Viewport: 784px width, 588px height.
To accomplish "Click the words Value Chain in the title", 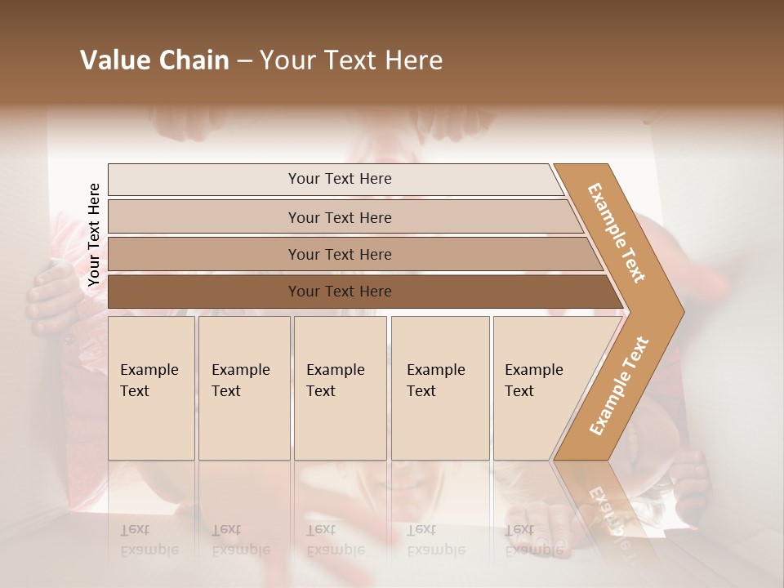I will pyautogui.click(x=154, y=60).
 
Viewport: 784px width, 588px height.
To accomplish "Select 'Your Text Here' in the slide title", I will pyautogui.click(x=351, y=60).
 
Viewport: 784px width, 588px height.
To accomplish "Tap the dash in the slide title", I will pyautogui.click(x=244, y=61).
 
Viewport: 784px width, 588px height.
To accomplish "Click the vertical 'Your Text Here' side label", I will pyautogui.click(x=94, y=235).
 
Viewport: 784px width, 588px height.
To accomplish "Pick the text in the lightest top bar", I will pyautogui.click(x=340, y=179).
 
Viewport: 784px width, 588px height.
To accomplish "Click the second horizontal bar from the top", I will pyautogui.click(x=340, y=217).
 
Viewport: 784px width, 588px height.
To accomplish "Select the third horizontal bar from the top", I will pyautogui.click(x=340, y=255).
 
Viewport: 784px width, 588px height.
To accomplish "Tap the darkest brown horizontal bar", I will pyautogui.click(x=340, y=292).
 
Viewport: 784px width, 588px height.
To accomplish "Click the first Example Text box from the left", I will pyautogui.click(x=151, y=388).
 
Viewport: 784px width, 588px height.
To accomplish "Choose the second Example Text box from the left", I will pyautogui.click(x=243, y=388).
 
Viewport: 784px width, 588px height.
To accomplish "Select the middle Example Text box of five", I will pyautogui.click(x=340, y=388).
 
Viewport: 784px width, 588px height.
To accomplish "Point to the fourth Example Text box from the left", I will pyautogui.click(x=439, y=388).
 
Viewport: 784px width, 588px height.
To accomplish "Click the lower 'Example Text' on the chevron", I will pyautogui.click(x=619, y=385).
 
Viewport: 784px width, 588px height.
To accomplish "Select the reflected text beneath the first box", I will pyautogui.click(x=149, y=540).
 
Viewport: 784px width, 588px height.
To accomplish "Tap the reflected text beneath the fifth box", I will pyautogui.click(x=533, y=540).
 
